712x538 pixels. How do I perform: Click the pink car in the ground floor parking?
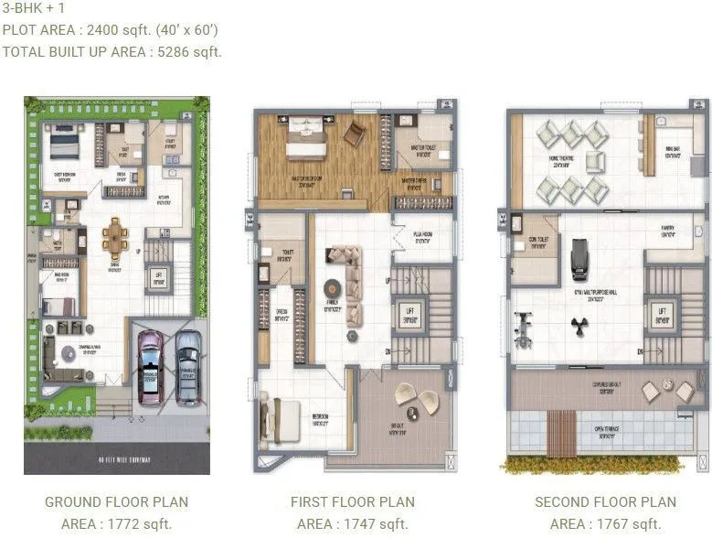coord(149,366)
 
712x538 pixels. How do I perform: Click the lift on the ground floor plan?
coord(158,277)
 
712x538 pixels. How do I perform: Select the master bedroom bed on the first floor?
coord(302,139)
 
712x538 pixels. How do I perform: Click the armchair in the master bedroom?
coord(353,134)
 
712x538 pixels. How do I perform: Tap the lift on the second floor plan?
coord(661,315)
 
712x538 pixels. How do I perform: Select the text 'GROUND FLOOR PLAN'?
coord(116,501)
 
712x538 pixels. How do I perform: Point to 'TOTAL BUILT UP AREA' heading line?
coord(112,51)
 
